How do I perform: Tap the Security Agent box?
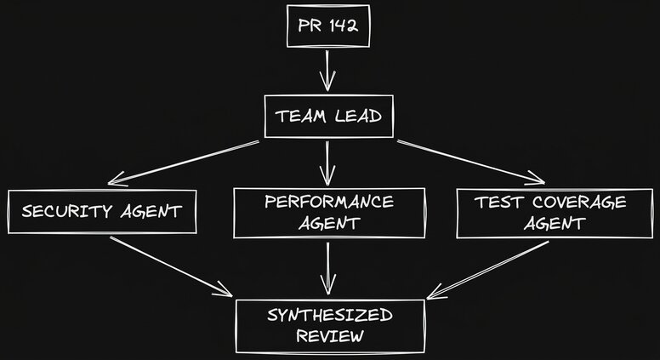[x=102, y=212]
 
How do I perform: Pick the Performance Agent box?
[x=328, y=213]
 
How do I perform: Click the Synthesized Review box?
[x=329, y=325]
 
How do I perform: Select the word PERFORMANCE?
[x=328, y=203]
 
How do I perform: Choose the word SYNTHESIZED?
[x=329, y=315]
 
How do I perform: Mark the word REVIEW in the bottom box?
[x=329, y=336]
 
